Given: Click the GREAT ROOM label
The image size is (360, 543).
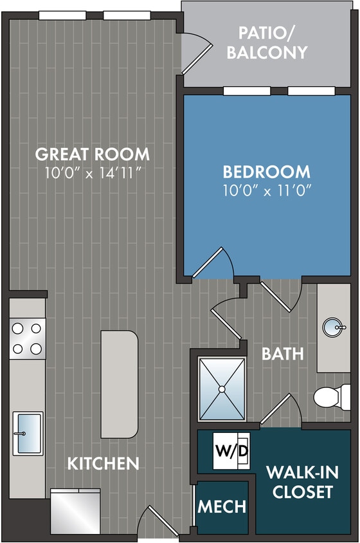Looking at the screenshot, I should (x=92, y=154).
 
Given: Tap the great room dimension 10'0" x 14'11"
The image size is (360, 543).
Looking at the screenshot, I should (x=92, y=172).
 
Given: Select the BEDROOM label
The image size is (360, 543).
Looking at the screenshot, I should (x=266, y=172).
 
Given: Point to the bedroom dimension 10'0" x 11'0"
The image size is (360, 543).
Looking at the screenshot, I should (x=266, y=190).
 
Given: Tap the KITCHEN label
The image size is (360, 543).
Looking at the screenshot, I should (x=104, y=463).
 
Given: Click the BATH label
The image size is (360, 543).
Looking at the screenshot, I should (x=283, y=354).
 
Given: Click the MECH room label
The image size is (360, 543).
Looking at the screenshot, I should (x=222, y=506).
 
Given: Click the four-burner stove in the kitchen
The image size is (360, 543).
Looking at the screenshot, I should (x=27, y=338).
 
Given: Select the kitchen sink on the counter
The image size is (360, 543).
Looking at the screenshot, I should (x=28, y=433).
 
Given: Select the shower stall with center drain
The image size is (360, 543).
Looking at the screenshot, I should (x=222, y=389).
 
